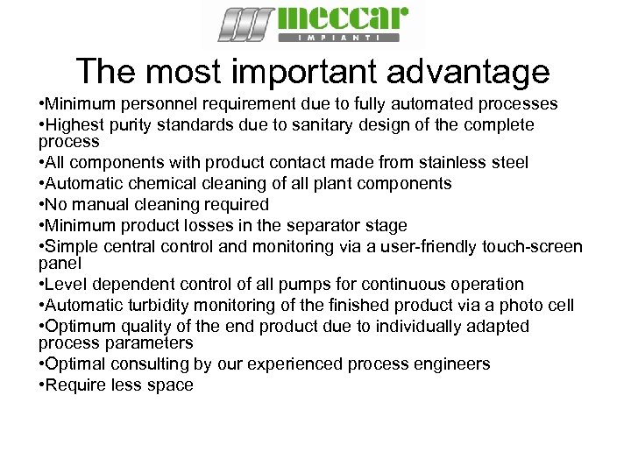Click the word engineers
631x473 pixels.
coord(445,364)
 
